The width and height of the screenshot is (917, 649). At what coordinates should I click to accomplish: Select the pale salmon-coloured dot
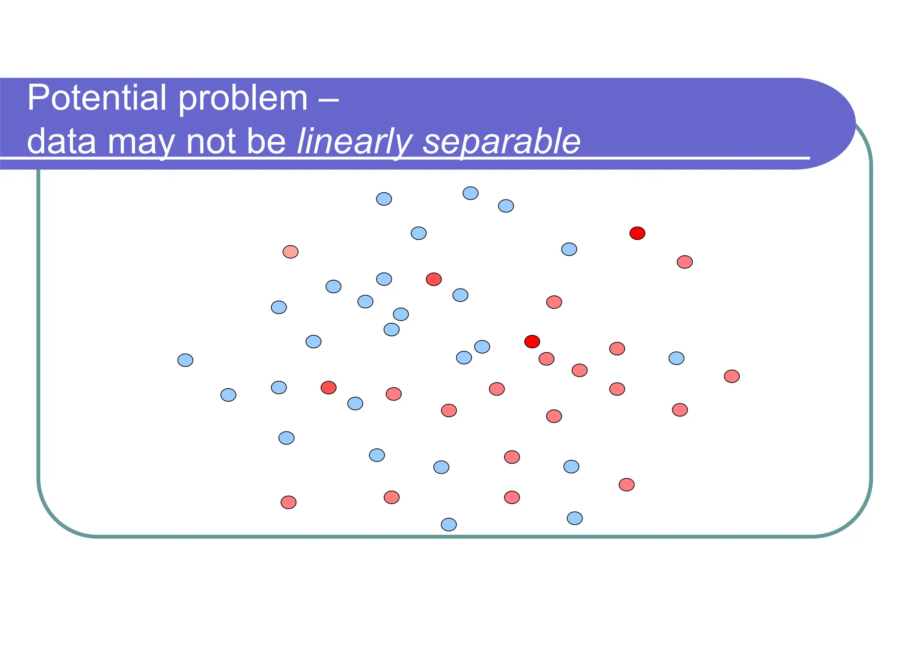pyautogui.click(x=291, y=252)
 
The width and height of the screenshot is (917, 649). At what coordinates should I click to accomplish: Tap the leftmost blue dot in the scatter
pyautogui.click(x=185, y=360)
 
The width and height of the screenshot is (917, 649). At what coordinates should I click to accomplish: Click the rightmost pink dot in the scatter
pyautogui.click(x=732, y=376)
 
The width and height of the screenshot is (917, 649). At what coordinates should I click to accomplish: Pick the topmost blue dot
pyautogui.click(x=470, y=193)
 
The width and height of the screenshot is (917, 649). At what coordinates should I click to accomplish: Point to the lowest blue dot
pyautogui.click(x=449, y=524)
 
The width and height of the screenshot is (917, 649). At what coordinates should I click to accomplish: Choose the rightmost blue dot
pyautogui.click(x=676, y=358)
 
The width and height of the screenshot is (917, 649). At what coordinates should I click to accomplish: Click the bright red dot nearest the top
pyautogui.click(x=637, y=233)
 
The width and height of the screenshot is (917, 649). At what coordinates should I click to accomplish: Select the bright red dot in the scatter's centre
pyautogui.click(x=532, y=342)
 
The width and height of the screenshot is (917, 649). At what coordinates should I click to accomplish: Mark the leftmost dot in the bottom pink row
pyautogui.click(x=288, y=502)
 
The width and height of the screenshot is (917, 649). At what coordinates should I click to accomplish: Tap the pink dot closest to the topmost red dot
pyautogui.click(x=685, y=262)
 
